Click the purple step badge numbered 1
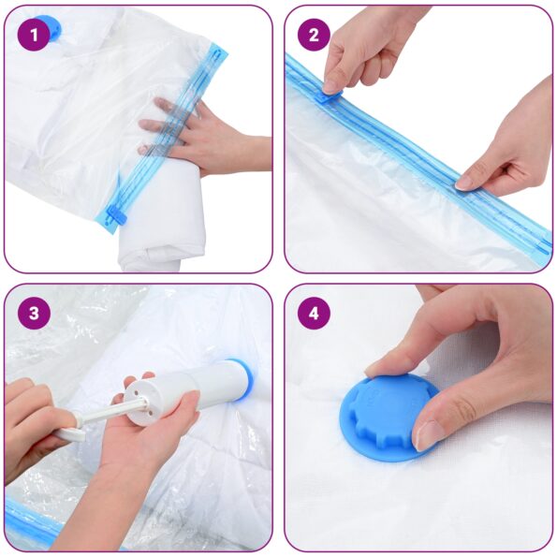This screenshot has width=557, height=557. click(x=34, y=35)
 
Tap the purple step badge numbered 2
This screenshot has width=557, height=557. click(x=314, y=35)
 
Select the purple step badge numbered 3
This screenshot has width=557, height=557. click(x=34, y=314)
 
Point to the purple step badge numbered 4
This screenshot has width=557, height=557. click(x=314, y=314)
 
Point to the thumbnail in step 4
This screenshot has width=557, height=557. click(x=429, y=432)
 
